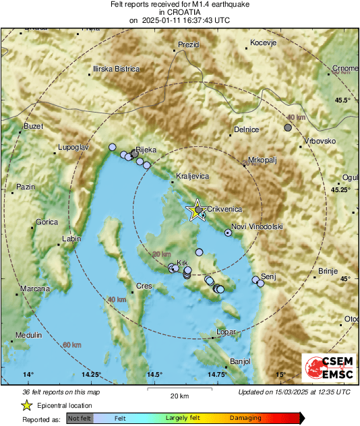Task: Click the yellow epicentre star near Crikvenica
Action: point(196,210)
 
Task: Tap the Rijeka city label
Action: point(146,149)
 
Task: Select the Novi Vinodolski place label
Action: point(257,226)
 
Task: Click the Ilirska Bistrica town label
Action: point(116,69)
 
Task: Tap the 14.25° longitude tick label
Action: point(91,375)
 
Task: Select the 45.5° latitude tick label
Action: point(342,100)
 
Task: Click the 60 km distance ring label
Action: point(71,345)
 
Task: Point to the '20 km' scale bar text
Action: point(179,395)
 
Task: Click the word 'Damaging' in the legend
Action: point(245,418)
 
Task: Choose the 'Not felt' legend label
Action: point(79,418)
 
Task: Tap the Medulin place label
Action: point(28,335)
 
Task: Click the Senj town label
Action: point(268,277)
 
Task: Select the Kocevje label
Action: point(264,43)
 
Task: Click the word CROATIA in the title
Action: point(179,12)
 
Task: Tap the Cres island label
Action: point(144,286)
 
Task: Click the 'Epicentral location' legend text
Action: point(65,405)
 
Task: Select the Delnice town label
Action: point(246,129)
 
